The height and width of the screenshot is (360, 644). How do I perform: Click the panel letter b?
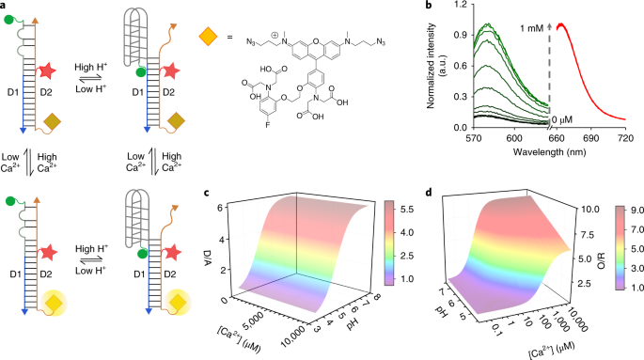tap(430, 6)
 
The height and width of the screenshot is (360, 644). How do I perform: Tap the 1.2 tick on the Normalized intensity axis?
tap(462, 5)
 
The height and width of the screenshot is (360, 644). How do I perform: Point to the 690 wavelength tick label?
tap(591, 138)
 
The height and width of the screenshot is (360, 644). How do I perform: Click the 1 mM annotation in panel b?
tap(532, 29)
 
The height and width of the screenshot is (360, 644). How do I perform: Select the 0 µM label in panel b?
tap(561, 120)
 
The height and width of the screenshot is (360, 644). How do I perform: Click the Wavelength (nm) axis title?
tap(549, 152)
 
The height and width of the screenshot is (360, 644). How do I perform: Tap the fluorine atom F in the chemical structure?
tap(267, 125)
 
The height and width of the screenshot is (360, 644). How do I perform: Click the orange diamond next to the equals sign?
tap(208, 36)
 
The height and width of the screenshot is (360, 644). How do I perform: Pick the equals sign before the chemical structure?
tap(229, 37)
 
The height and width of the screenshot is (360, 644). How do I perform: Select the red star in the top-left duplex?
tap(48, 71)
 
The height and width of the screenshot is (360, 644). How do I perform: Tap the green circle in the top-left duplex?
tap(9, 20)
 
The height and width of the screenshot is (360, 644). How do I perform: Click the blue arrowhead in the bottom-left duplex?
tap(25, 311)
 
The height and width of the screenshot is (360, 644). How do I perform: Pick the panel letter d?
tap(430, 192)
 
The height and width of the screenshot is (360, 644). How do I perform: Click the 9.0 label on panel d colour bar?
tap(637, 210)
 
